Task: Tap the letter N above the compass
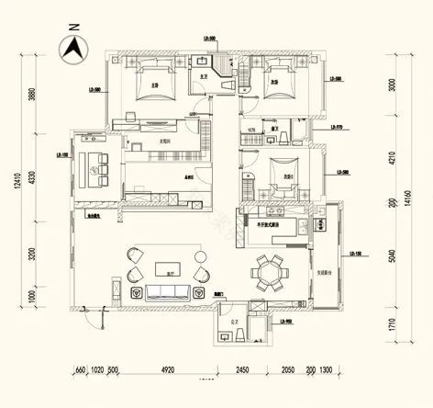click(72, 28)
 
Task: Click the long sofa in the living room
click(168, 293)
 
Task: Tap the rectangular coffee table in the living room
click(166, 273)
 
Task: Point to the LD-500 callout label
click(208, 39)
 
